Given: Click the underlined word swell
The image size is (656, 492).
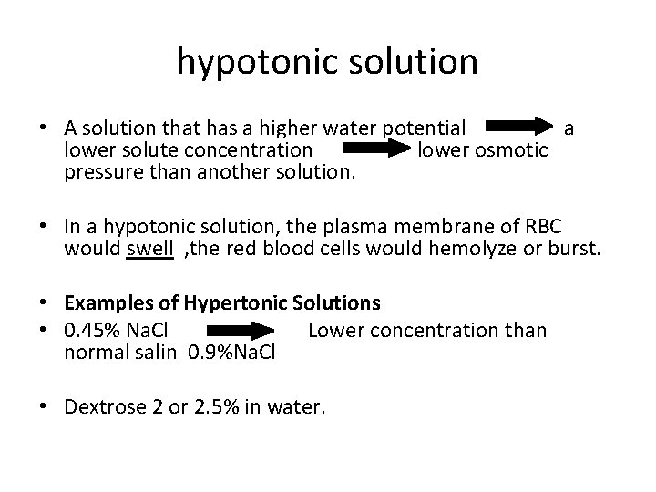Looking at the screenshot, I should tap(149, 249).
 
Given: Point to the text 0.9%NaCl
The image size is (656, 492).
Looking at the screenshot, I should tap(231, 350).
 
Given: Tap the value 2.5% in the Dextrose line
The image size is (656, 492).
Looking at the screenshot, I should tap(220, 405).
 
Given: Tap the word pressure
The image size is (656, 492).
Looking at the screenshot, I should tap(104, 169).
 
